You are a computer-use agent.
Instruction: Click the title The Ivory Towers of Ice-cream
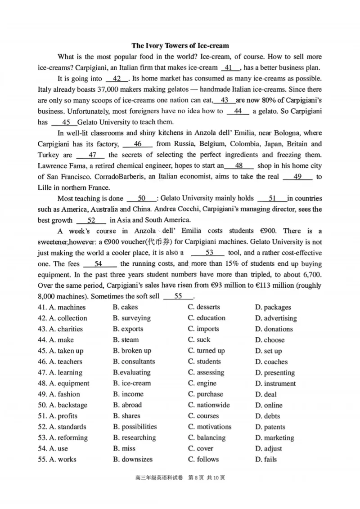(x=180, y=45)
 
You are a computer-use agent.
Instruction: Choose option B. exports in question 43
(x=128, y=329)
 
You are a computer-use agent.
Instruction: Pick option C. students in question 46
(x=204, y=362)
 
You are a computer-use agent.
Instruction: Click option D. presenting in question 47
(x=274, y=373)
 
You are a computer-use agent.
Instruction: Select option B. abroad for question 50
(x=127, y=405)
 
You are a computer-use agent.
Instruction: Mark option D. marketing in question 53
(x=274, y=438)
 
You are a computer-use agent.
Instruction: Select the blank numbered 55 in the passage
(x=178, y=296)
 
